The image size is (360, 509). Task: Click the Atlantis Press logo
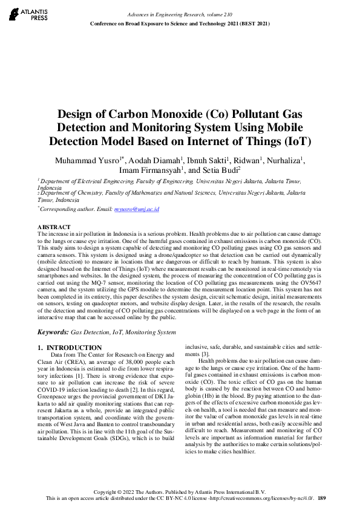[x=26, y=15]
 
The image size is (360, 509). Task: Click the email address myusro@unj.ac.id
[x=140, y=209]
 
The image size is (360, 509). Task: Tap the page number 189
[x=322, y=498]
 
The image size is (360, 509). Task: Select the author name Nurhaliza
[x=286, y=160]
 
